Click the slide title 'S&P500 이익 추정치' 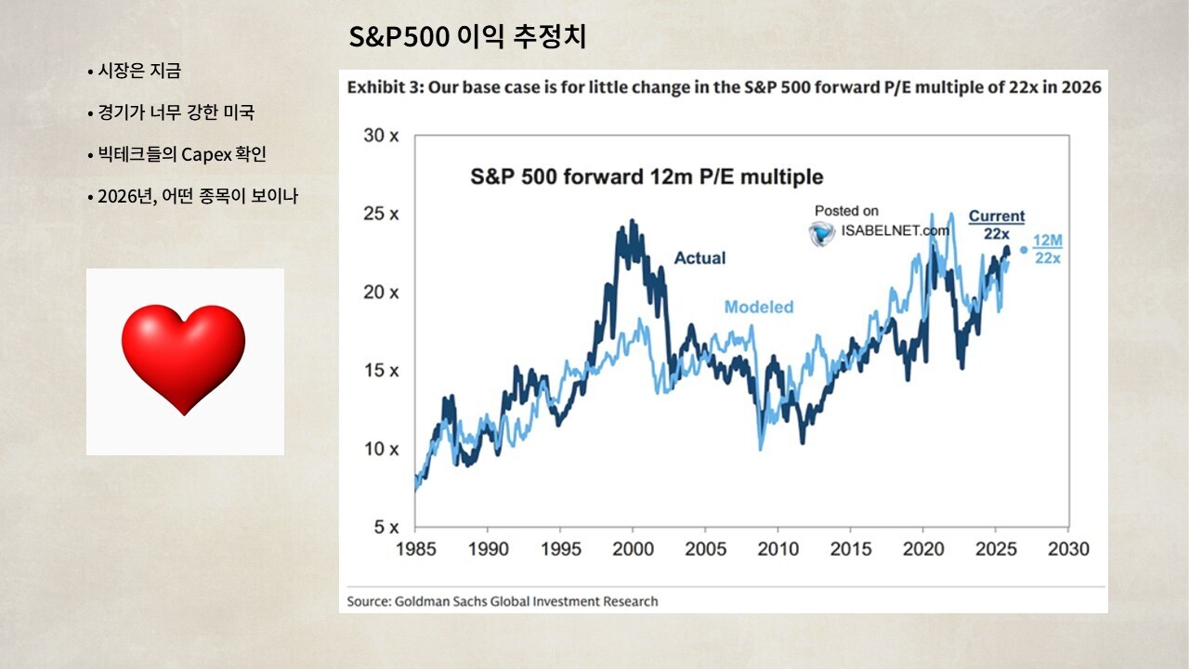(467, 37)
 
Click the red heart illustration (184, 359)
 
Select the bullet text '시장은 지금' (139, 71)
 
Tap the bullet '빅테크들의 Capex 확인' (181, 154)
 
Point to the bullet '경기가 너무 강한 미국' (176, 112)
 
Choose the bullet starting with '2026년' (198, 196)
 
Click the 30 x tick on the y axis (381, 136)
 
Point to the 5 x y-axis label (385, 527)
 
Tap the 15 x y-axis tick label (381, 370)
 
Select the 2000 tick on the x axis (633, 549)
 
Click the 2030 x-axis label (1068, 549)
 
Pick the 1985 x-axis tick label (415, 549)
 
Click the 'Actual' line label (699, 258)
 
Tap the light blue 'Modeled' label (759, 307)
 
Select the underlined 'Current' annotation (997, 216)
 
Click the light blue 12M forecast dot (1024, 250)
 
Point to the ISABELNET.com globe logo (821, 233)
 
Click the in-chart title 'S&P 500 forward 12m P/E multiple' (647, 177)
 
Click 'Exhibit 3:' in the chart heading (385, 87)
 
